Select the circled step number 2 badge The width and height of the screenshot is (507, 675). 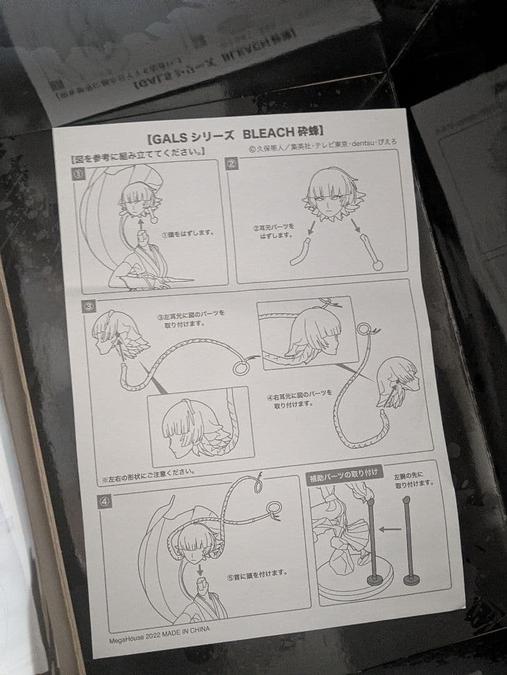tap(232, 165)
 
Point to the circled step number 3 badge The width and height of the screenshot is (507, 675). tap(89, 307)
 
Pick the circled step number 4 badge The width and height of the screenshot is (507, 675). tap(104, 501)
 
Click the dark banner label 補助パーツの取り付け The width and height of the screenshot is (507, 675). tap(344, 478)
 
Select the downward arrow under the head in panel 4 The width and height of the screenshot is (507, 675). tap(198, 569)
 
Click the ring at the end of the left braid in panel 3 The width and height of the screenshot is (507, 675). tap(241, 369)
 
